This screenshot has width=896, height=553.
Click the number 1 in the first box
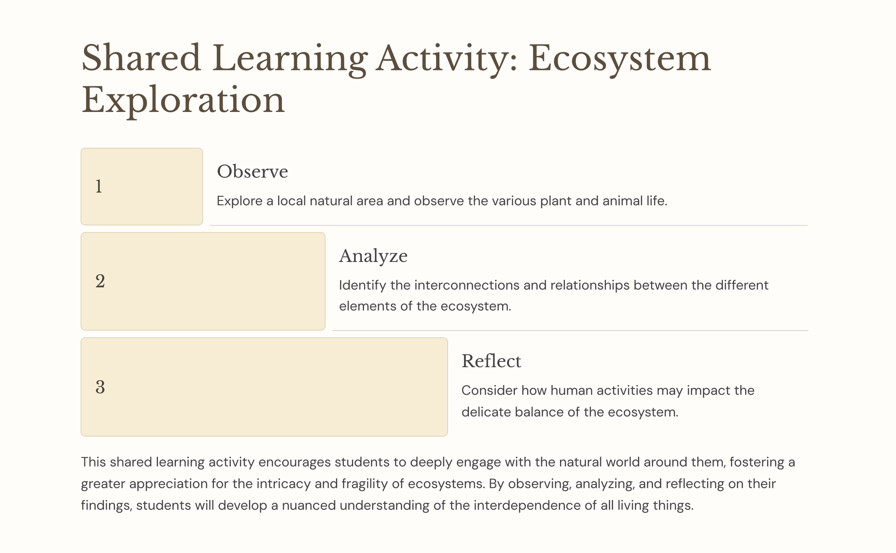99,187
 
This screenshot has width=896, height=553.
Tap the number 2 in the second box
100,281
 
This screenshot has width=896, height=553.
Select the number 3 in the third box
100,387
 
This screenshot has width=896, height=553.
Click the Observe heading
252,171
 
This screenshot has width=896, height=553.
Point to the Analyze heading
373,256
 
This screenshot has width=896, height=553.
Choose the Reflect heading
491,361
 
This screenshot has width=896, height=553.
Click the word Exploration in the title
183,100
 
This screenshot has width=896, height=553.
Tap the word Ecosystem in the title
619,58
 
